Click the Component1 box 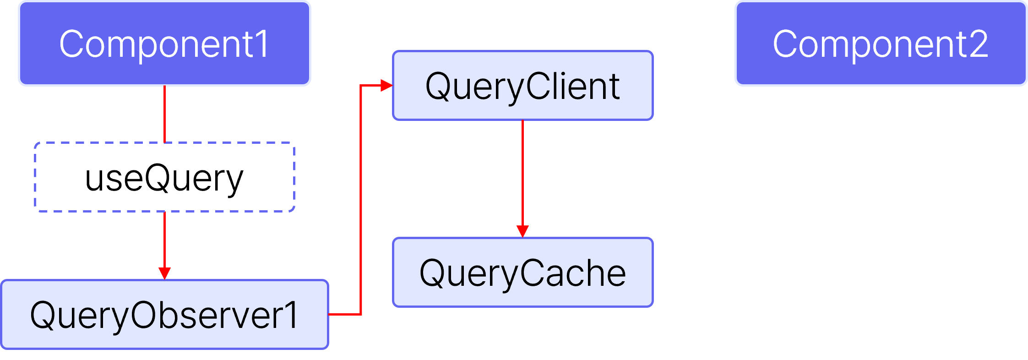164,44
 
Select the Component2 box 881,44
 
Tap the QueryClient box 522,86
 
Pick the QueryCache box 522,273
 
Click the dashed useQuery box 164,177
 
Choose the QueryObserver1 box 164,315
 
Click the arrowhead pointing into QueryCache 522,231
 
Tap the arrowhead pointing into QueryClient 387,86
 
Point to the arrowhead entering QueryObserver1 164,273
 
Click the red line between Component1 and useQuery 164,115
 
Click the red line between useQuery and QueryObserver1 164,240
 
